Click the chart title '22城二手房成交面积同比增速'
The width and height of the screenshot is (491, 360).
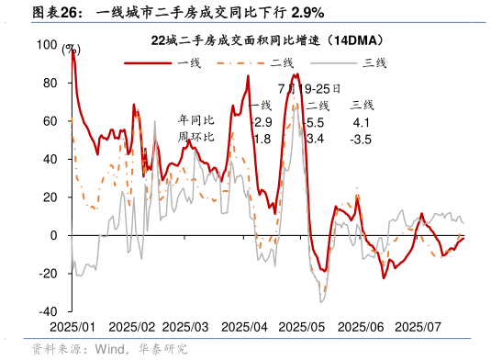point(266,40)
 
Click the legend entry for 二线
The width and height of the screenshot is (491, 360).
point(281,62)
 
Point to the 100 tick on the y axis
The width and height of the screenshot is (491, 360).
point(46,44)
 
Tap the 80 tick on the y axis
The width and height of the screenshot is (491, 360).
point(50,83)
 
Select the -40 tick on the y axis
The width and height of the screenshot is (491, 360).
point(48,312)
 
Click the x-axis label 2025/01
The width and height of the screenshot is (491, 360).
point(72,327)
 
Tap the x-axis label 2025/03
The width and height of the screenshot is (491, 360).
point(188,327)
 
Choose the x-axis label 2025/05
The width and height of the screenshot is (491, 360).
point(303,327)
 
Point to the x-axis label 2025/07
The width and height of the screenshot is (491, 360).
point(418,327)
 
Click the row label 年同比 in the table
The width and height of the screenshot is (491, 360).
point(195,121)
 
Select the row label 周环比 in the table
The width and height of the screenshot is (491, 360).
point(195,138)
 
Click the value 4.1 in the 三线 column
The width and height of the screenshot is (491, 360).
point(361,122)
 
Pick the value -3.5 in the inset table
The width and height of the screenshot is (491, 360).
point(361,139)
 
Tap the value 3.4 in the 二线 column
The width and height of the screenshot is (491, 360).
point(315,139)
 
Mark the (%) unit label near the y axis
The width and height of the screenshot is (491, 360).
point(71,50)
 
